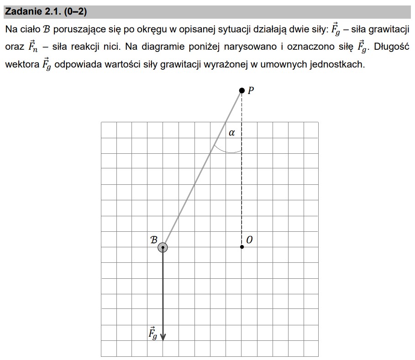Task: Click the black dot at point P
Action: click(242, 91)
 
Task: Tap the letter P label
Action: click(251, 90)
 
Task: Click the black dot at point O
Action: click(242, 247)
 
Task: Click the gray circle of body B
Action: click(163, 247)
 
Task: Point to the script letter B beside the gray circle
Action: click(154, 239)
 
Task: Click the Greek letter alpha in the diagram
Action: click(231, 133)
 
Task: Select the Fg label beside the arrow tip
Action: click(153, 334)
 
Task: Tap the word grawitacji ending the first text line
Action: click(385, 30)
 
